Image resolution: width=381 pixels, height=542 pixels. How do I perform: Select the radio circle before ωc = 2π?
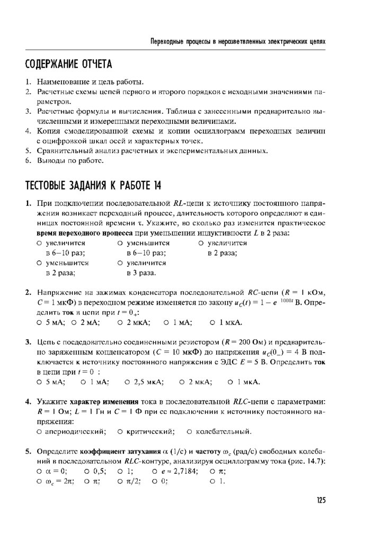pos(40,482)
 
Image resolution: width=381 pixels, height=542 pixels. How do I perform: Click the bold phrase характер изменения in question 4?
pos(101,401)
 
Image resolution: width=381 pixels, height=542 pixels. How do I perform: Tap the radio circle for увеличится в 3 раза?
pos(121,263)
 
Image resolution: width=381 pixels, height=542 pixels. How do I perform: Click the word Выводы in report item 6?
pos(50,160)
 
